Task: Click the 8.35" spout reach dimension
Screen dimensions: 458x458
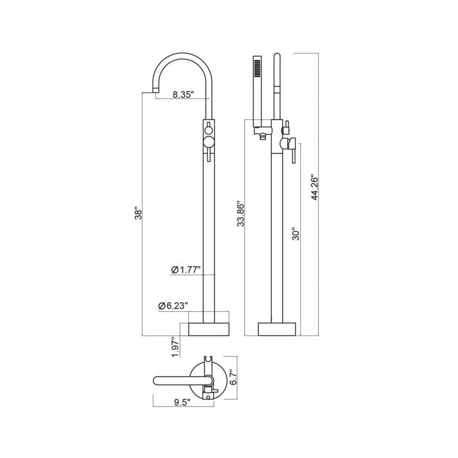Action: (x=182, y=94)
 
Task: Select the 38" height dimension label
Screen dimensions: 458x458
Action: (x=138, y=214)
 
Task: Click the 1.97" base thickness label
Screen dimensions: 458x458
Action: (x=175, y=347)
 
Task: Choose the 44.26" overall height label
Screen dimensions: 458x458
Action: (x=314, y=187)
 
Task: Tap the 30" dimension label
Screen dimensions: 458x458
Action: (x=296, y=235)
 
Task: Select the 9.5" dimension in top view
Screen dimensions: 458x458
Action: (x=182, y=402)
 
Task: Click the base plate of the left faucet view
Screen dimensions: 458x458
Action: (x=209, y=329)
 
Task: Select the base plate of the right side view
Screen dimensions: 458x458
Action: (x=277, y=329)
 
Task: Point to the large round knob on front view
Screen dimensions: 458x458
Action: (x=209, y=142)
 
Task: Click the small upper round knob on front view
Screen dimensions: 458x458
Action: (x=209, y=129)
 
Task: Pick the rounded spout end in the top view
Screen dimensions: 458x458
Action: (x=156, y=381)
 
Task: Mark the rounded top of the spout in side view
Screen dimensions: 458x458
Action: (x=277, y=56)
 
